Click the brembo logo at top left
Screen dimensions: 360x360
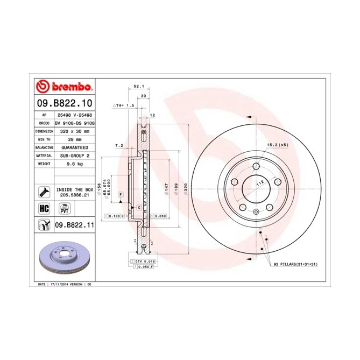pyautogui.click(x=64, y=87)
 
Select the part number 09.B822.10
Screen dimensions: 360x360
pyautogui.click(x=64, y=103)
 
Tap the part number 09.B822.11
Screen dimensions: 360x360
pyautogui.click(x=75, y=225)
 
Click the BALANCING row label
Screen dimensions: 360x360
pyautogui.click(x=44, y=147)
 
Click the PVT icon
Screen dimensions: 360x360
pyautogui.click(x=64, y=209)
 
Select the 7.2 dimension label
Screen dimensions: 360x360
pyautogui.click(x=119, y=146)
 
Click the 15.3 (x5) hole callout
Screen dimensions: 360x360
pyautogui.click(x=276, y=145)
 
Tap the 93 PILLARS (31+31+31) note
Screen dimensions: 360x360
pyautogui.click(x=292, y=265)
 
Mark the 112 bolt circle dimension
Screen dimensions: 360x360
pyautogui.click(x=260, y=183)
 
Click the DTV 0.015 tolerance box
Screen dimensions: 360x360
pyautogui.click(x=142, y=262)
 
